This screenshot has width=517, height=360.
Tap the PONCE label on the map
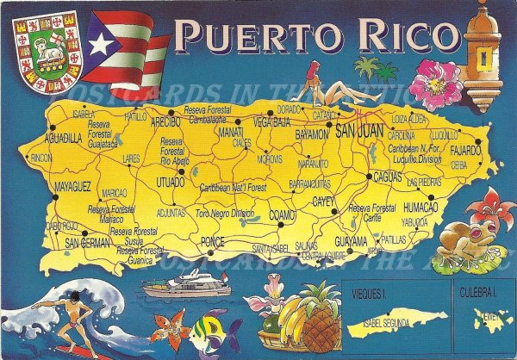pyautogui.click(x=211, y=241)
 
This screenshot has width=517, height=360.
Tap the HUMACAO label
pyautogui.click(x=420, y=207)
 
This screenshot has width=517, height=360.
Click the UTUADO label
pyautogui.click(x=170, y=183)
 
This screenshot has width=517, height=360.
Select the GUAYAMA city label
pyautogui.click(x=351, y=239)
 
